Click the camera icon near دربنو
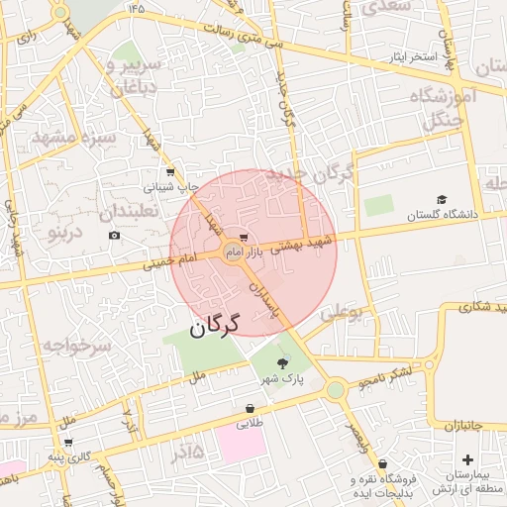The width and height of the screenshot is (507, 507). pos(115,235)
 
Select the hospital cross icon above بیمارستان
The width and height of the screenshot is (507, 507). pos(467,460)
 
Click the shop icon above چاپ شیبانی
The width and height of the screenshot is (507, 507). pos(170,172)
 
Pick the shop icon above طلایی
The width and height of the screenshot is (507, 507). pos(250,408)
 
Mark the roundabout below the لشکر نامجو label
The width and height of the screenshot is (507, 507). pos(335,389)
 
